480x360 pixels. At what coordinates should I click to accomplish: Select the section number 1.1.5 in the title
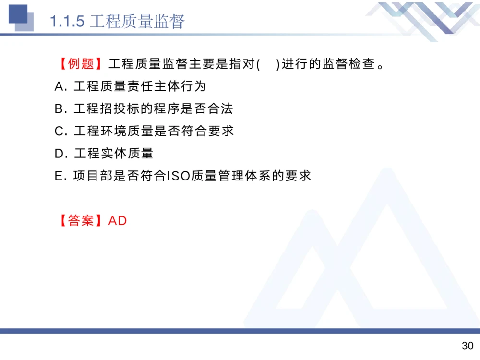coord(68,22)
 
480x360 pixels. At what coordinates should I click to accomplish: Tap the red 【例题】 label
coord(81,64)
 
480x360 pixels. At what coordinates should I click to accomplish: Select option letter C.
coord(60,131)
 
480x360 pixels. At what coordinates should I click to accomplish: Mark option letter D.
coord(60,154)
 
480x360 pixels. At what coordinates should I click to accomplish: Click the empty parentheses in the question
coord(268,64)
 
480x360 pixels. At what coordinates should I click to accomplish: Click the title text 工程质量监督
coord(137,22)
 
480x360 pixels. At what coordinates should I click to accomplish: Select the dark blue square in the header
coord(18,14)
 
